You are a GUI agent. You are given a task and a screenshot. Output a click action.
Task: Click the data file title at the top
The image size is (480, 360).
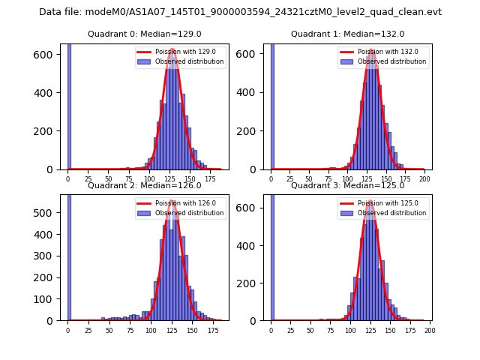240,12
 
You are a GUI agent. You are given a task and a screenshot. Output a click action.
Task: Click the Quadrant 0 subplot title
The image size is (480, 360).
144,34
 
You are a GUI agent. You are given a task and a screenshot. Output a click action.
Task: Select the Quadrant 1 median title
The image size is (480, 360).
347,34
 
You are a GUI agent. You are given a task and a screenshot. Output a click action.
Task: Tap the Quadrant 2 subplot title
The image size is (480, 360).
144,185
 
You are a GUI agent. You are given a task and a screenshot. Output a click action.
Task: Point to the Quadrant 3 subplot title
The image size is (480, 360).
347,185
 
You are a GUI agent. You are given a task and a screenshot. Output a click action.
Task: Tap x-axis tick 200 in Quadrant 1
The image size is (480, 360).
424,180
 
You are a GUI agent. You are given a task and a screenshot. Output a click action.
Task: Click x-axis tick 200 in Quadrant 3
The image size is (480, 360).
430,330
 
